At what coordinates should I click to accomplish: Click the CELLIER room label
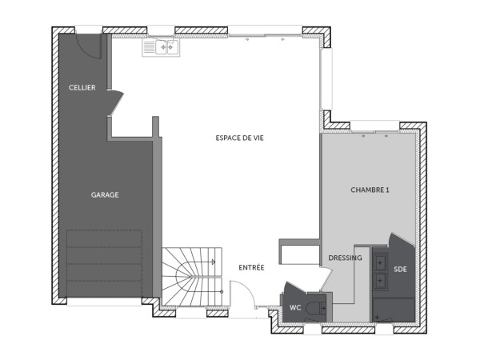tap(82, 87)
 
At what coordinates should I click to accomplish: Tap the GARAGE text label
tap(104, 194)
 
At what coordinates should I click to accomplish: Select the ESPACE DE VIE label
tap(239, 138)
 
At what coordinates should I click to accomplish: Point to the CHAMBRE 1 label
tap(370, 190)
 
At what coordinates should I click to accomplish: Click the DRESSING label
tap(345, 258)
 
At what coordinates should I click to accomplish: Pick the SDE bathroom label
tap(401, 270)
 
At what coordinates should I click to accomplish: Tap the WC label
tap(294, 306)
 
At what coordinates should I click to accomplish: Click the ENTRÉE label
tap(251, 267)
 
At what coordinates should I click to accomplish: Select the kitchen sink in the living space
tap(161, 47)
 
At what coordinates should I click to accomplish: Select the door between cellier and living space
tap(116, 102)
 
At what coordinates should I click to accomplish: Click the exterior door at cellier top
tap(88, 44)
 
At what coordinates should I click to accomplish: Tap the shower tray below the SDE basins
tap(393, 310)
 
